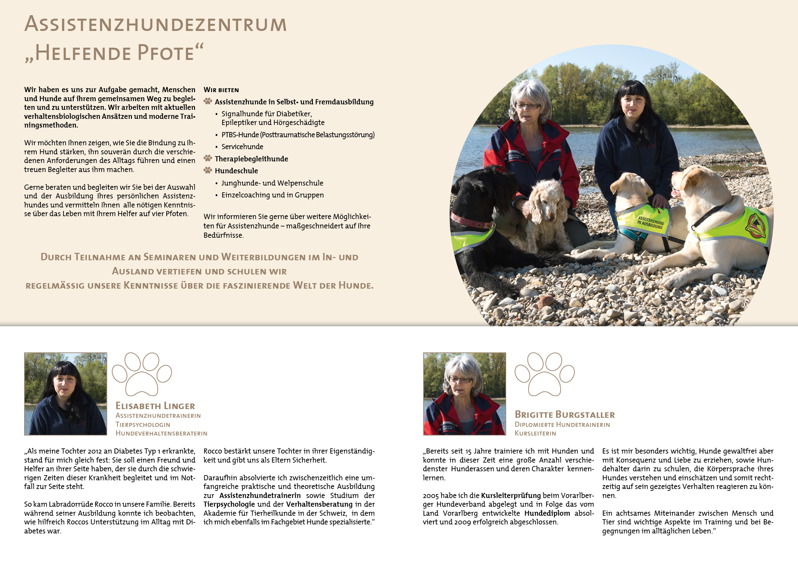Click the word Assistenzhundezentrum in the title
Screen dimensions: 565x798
tap(155, 24)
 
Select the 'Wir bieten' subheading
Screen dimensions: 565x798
tap(221, 90)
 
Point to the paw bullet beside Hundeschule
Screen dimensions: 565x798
tap(208, 170)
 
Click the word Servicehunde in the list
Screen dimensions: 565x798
tap(242, 147)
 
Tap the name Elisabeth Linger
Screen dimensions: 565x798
tap(155, 406)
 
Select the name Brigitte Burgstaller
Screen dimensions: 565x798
tap(564, 414)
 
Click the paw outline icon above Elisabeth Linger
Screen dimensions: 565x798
tap(142, 374)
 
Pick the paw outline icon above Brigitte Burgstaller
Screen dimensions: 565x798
tap(544, 374)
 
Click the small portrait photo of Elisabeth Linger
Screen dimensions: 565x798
tap(65, 394)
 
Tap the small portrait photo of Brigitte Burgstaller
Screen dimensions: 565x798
tap(464, 394)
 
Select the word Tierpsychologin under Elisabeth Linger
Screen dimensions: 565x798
tap(143, 425)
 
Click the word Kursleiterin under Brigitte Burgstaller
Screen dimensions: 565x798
tap(535, 433)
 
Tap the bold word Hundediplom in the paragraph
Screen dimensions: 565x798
tap(547, 513)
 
